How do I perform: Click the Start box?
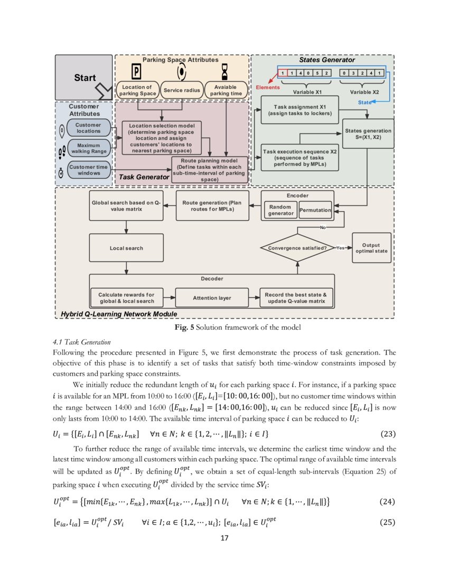[x=84, y=78]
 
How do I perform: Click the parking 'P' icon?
[x=136, y=71]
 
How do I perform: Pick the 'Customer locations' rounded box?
[x=88, y=128]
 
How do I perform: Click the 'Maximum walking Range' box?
[x=88, y=148]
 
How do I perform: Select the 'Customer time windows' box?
[x=88, y=170]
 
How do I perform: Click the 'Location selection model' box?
[x=162, y=135]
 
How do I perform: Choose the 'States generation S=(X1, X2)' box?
[x=368, y=133]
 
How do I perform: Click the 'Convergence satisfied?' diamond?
[x=297, y=248]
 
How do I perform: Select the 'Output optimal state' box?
[x=371, y=248]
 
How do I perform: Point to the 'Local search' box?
[x=126, y=248]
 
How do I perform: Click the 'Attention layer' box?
[x=211, y=298]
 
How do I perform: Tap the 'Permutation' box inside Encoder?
[x=315, y=210]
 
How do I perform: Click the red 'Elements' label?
[x=268, y=87]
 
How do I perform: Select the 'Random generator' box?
[x=280, y=210]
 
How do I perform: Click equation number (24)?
[x=388, y=501]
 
